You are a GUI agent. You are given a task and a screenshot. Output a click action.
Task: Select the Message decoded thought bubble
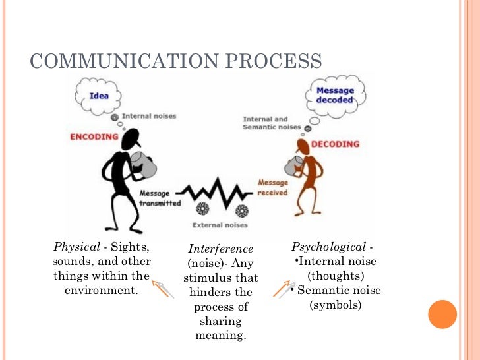pos(334,96)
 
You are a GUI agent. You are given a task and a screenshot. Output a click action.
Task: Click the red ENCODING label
pos(94,137)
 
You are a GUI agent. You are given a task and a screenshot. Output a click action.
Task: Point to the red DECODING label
pos(336,144)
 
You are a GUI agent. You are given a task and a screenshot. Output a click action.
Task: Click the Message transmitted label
pos(160,198)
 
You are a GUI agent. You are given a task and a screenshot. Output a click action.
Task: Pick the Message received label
pos(272,187)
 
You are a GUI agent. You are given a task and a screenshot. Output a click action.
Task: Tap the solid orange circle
pos(442,314)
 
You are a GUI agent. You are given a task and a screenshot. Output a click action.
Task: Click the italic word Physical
pos(76,247)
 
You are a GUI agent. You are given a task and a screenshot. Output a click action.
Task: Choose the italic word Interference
pos(220,249)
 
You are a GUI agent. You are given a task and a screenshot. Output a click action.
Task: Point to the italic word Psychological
pos(329,247)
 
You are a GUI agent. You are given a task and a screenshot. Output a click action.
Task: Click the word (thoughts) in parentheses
pos(336,276)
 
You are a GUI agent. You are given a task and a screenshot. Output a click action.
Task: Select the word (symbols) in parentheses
pos(336,305)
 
